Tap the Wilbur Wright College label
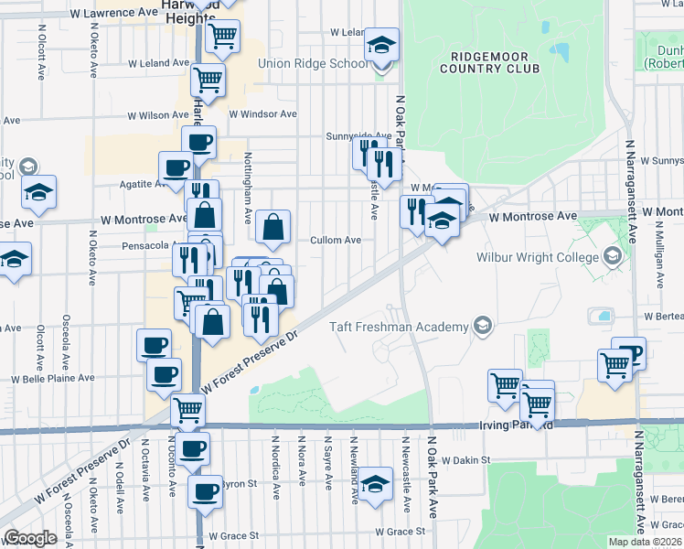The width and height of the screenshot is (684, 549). point(538,257)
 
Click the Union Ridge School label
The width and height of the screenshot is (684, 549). point(313,64)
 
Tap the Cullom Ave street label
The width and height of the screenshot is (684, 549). point(336,240)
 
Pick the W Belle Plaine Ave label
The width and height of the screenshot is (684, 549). point(52,378)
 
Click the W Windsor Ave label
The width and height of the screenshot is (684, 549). point(263,114)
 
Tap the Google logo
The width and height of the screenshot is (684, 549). point(30,538)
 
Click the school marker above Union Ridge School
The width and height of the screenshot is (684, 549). point(381,44)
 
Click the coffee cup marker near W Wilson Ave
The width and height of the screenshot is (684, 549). point(199,142)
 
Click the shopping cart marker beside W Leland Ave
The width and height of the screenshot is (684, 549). point(208,79)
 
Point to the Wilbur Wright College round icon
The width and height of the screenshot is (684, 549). point(613,257)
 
